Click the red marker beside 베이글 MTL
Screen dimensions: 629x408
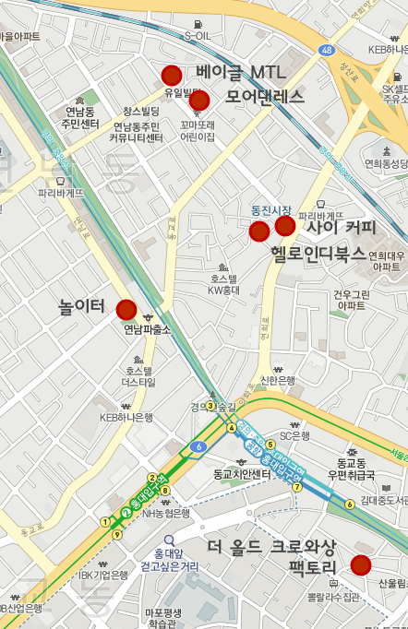[171, 76]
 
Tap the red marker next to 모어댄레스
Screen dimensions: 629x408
[199, 101]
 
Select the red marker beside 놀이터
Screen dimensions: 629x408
[126, 310]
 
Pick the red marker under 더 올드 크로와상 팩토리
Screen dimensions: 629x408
[361, 565]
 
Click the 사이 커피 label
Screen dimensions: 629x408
[341, 227]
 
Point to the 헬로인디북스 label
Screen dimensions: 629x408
[318, 254]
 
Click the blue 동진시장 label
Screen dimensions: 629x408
[271, 210]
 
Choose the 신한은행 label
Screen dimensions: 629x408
[278, 380]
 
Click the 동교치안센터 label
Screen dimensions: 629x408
[242, 474]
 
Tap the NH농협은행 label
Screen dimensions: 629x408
[166, 514]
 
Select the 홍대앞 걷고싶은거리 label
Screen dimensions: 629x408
[170, 560]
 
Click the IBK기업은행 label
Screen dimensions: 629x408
[102, 575]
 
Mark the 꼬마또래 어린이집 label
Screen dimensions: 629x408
[198, 130]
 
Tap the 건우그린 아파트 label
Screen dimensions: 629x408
[351, 300]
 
